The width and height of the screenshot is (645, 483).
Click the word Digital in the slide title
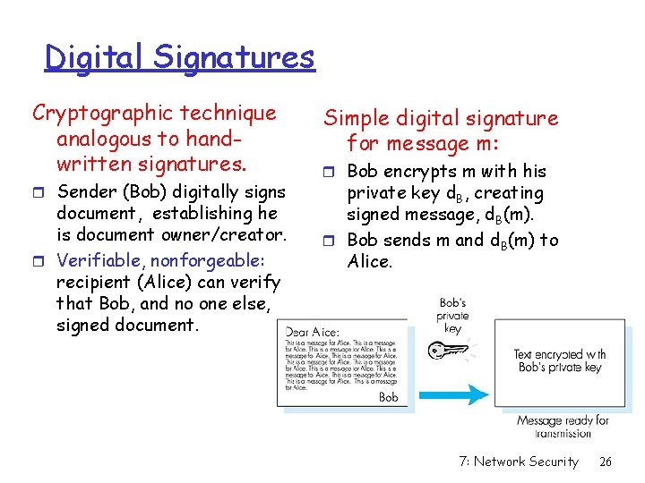(96, 57)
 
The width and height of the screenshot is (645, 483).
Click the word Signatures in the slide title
(234, 57)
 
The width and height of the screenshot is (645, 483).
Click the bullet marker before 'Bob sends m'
(330, 241)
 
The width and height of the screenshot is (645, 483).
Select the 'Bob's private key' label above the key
(452, 316)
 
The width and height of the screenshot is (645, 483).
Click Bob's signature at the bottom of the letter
(388, 396)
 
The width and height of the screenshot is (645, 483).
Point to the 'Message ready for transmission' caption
(563, 426)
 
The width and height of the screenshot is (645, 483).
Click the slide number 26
(606, 462)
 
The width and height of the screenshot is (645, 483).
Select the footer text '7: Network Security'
(518, 462)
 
